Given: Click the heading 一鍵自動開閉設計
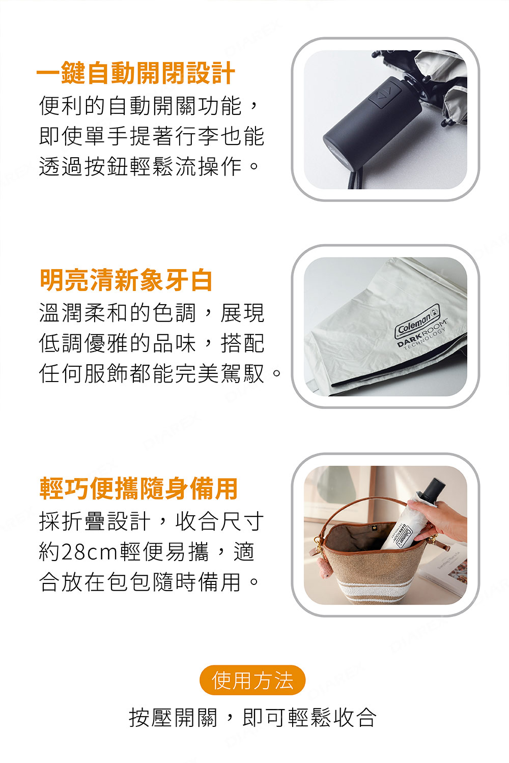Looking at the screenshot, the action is tap(136, 73).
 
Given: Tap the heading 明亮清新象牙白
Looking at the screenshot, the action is tap(126, 280).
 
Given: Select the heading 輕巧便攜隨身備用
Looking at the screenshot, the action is tap(138, 488).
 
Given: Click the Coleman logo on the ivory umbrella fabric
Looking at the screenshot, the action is tap(417, 321).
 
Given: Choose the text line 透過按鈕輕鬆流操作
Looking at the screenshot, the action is tap(149, 167).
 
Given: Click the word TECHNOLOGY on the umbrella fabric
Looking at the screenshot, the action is tap(425, 339).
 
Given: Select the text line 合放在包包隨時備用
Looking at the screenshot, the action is tap(149, 582).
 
